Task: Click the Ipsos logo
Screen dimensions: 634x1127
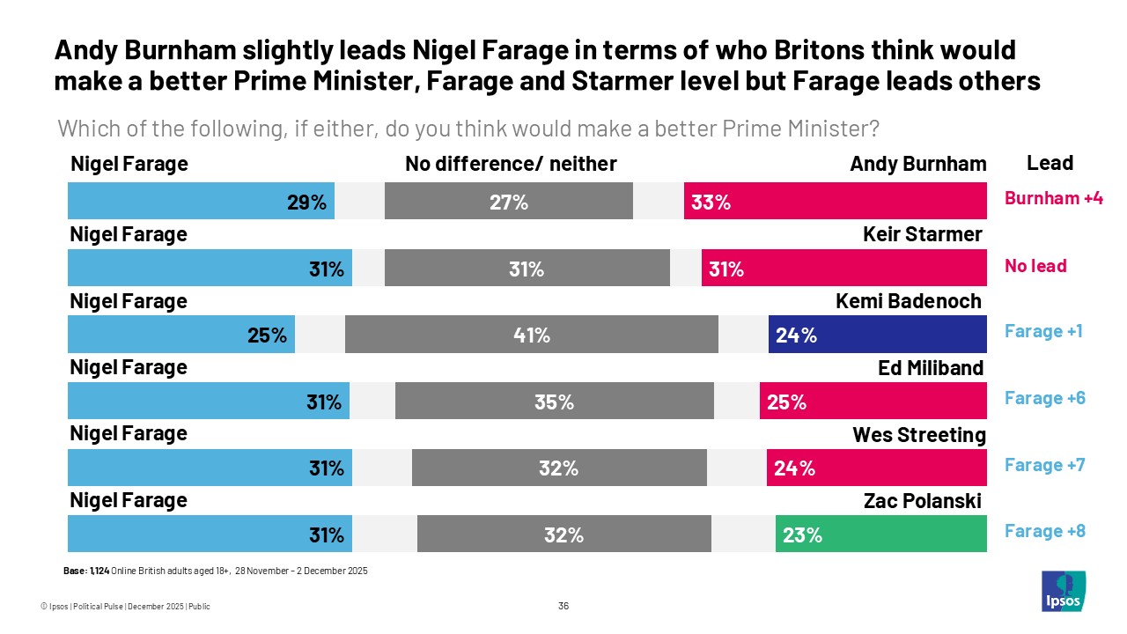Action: (x=1064, y=591)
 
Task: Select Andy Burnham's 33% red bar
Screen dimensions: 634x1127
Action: (x=835, y=201)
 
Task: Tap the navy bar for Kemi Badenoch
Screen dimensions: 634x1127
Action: (x=877, y=335)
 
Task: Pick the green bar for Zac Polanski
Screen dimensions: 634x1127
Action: (x=880, y=534)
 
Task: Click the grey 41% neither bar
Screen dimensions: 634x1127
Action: (x=531, y=335)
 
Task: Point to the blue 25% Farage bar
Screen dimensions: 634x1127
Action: (x=181, y=335)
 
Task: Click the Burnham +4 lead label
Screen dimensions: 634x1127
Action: (x=1053, y=198)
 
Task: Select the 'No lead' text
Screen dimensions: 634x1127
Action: (x=1035, y=265)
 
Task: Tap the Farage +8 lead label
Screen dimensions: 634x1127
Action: (x=1044, y=531)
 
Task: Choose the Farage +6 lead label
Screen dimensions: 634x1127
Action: (x=1044, y=398)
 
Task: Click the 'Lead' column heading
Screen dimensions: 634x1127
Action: (x=1050, y=163)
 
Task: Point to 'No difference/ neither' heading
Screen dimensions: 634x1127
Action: (x=511, y=164)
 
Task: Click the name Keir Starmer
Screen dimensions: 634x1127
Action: (x=923, y=234)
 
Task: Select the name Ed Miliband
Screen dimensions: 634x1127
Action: (x=931, y=368)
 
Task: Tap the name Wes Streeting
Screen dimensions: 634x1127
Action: (x=919, y=435)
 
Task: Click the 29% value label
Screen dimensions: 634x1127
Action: (x=306, y=202)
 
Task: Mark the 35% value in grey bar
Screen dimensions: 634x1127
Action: (x=554, y=402)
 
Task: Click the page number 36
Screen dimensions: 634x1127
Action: (x=563, y=606)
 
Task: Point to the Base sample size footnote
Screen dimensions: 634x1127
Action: (x=215, y=571)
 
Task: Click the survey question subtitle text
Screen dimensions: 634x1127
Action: (x=468, y=129)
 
